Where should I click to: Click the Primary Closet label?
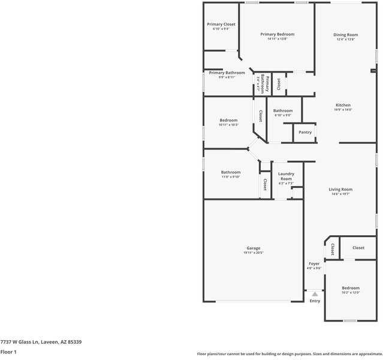click(221, 25)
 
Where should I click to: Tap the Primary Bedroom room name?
click(277, 34)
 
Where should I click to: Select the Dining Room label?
click(345, 35)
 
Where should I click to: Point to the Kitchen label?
click(343, 105)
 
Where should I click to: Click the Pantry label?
click(305, 132)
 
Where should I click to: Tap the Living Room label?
click(340, 190)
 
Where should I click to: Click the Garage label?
click(254, 248)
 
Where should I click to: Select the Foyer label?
click(314, 263)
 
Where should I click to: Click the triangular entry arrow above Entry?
click(315, 294)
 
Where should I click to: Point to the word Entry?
click(315, 301)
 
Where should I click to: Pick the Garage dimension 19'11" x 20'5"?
click(254, 253)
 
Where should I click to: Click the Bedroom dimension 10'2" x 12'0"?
click(351, 293)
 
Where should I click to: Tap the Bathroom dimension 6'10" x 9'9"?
click(283, 115)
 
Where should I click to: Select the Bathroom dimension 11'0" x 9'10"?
click(231, 177)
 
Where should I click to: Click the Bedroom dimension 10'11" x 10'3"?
click(229, 125)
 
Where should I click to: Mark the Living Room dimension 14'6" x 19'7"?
click(340, 194)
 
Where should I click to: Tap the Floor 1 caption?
click(8, 352)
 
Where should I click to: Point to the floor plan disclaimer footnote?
click(289, 354)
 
